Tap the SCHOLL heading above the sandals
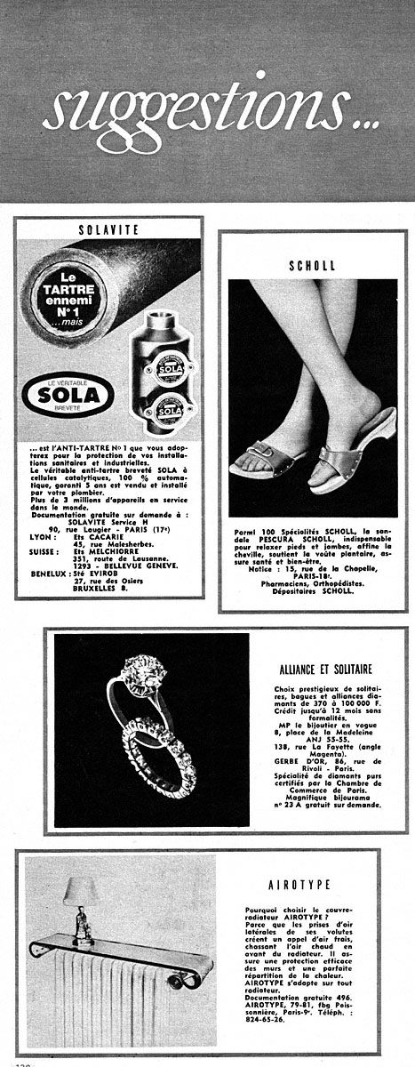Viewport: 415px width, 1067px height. (x=312, y=265)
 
